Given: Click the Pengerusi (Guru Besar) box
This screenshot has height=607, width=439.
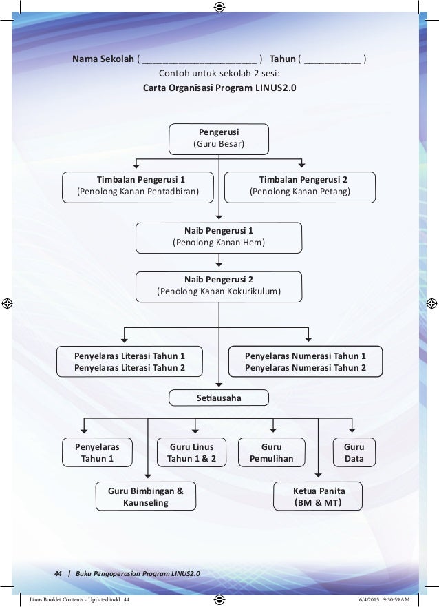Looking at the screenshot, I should click(x=219, y=138).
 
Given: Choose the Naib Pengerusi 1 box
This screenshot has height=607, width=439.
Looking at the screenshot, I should click(x=219, y=237).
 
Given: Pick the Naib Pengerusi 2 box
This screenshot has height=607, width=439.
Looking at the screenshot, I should click(x=219, y=285).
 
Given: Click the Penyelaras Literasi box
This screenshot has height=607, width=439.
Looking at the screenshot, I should click(x=129, y=362).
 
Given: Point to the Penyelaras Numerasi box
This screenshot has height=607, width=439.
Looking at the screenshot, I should click(x=305, y=362).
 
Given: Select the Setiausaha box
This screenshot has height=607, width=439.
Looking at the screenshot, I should click(x=219, y=398).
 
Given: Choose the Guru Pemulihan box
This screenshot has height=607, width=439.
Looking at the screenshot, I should click(x=271, y=453).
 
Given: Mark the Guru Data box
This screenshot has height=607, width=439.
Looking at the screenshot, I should click(x=354, y=453).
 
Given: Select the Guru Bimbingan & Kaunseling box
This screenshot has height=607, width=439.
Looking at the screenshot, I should click(x=145, y=497).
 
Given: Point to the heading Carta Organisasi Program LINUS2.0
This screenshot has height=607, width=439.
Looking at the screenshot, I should click(x=219, y=88).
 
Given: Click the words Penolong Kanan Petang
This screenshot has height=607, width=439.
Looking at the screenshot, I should click(x=299, y=192).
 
